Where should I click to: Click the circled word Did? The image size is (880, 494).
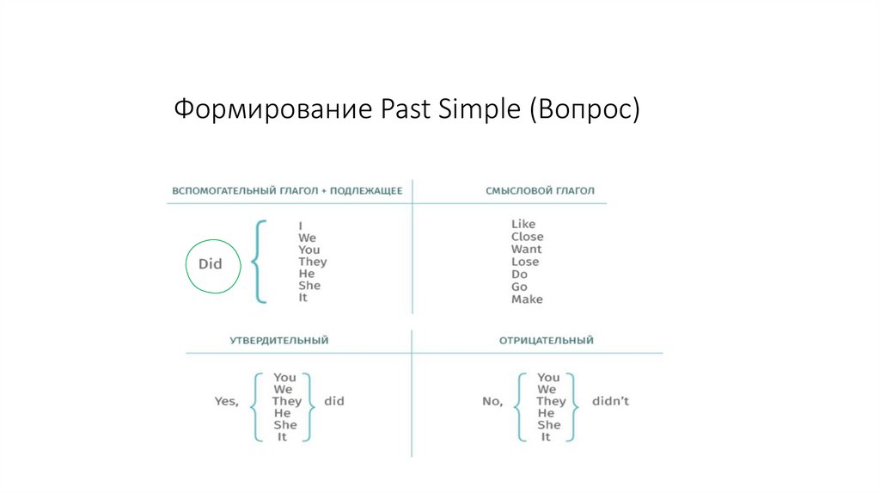(x=210, y=264)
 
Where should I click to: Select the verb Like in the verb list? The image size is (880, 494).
(x=522, y=224)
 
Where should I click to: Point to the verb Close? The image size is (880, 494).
(x=527, y=237)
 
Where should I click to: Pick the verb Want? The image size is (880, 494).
(x=526, y=250)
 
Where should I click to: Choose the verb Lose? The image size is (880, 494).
(x=525, y=262)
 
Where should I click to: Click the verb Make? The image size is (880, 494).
(x=527, y=299)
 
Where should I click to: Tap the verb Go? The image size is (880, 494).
(x=519, y=287)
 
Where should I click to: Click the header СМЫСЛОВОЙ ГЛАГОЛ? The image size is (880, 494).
(x=540, y=191)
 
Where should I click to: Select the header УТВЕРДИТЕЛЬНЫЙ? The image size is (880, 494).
(x=278, y=341)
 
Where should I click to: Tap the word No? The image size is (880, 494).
(x=492, y=401)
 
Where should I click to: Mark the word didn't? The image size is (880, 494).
(x=610, y=401)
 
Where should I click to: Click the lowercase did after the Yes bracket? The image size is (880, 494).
(x=334, y=401)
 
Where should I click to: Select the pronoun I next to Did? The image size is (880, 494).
(x=301, y=225)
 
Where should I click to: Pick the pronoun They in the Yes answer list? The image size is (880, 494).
(x=286, y=401)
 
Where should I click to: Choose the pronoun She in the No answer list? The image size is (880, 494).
(x=548, y=425)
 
